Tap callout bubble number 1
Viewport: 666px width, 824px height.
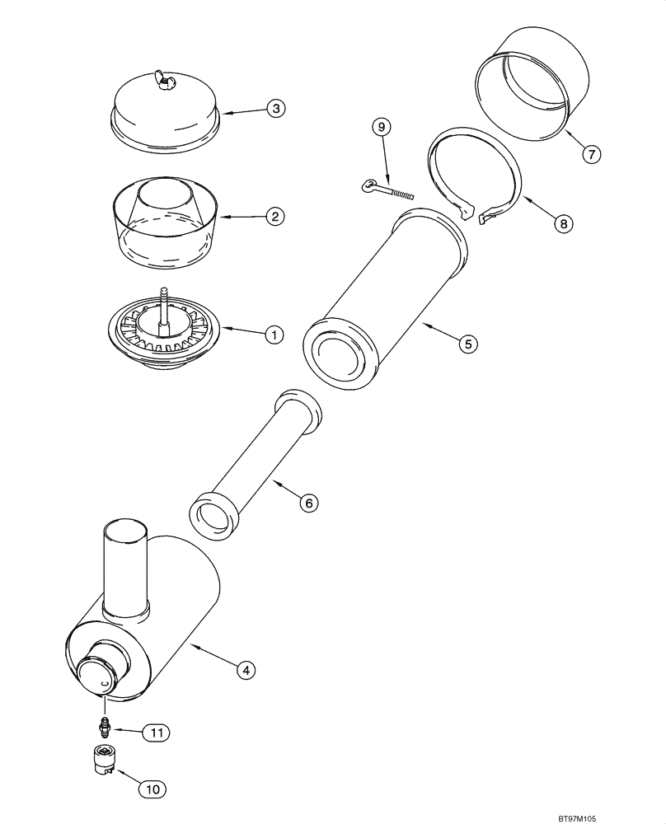coord(274,334)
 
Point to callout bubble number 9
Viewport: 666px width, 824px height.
coord(380,127)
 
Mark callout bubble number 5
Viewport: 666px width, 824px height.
coord(467,344)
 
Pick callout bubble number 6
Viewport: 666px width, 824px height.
coord(307,502)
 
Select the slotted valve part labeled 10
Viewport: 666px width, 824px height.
coord(104,759)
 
